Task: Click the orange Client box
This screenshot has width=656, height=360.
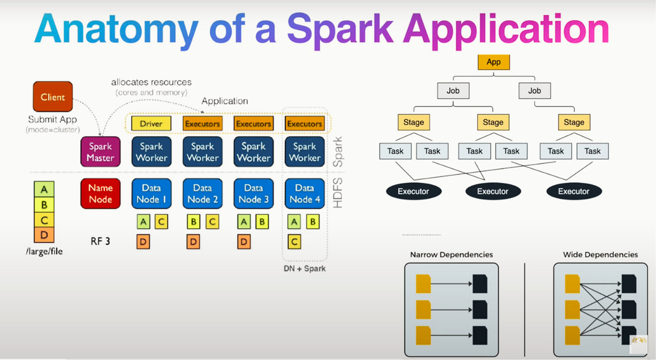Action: coord(53,97)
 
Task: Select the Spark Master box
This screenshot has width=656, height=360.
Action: coord(100,152)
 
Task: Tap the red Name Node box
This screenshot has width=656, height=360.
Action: coord(100,193)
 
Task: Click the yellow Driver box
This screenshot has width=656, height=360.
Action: coord(151,123)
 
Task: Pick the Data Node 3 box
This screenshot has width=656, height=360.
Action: coord(253,193)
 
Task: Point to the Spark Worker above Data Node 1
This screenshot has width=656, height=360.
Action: coord(151,152)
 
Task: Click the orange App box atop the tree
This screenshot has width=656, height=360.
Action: coord(493,62)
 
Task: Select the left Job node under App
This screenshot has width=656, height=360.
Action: coord(453,91)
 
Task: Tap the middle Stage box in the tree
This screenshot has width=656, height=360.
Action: coord(493,122)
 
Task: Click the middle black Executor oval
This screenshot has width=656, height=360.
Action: coord(493,191)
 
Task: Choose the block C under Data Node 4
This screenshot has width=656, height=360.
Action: coord(294,242)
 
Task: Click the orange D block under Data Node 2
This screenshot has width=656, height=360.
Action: coord(193,242)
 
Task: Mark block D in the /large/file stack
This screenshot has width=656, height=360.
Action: coord(44,235)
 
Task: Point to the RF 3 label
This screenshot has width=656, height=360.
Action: coord(100,241)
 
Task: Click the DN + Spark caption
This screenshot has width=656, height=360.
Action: coord(305,269)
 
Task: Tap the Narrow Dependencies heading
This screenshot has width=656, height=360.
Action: coord(451,255)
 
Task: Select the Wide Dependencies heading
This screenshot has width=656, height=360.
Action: coord(600,255)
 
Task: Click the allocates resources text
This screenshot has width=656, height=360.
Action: coord(151,82)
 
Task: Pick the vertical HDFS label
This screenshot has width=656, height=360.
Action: coord(337,193)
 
